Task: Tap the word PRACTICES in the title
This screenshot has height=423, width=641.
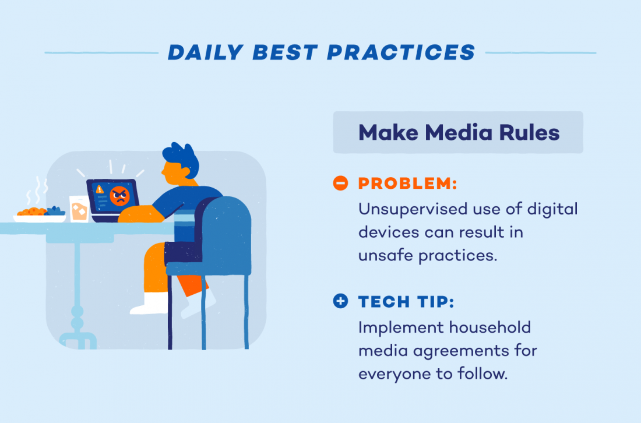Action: click(x=401, y=53)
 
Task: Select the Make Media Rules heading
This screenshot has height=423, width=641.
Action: click(x=459, y=132)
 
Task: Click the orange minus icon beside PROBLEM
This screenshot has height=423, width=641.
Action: click(x=340, y=183)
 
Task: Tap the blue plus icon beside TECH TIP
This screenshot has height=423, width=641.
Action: click(x=340, y=301)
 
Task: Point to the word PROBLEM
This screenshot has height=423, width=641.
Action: click(x=407, y=183)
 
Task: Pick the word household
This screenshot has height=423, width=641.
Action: click(x=489, y=327)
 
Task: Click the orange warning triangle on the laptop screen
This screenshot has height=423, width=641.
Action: click(x=99, y=189)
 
